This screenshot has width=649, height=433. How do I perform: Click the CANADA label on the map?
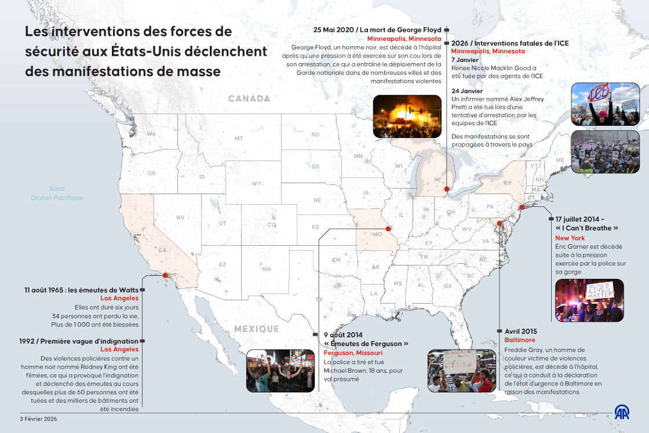(249, 99)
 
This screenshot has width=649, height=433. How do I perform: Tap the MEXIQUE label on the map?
(256, 329)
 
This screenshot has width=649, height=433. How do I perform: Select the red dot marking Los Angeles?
(165, 275)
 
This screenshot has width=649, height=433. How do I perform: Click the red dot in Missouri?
(388, 229)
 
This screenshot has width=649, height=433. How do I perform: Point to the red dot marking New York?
(522, 207)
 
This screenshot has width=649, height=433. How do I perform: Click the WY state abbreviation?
(257, 184)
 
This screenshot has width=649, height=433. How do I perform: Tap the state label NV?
(180, 217)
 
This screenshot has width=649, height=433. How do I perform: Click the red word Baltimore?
(520, 340)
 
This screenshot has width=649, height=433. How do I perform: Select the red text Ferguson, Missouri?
(353, 352)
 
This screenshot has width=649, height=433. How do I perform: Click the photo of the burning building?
(399, 116)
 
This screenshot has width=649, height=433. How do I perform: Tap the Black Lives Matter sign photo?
(589, 300)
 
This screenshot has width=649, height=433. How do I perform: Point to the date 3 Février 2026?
(38, 419)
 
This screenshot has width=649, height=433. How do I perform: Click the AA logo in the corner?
(622, 412)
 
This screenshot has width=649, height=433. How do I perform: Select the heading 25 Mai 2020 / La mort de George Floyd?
(377, 30)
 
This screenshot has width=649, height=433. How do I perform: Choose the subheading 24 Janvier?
(467, 91)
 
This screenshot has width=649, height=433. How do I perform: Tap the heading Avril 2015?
(521, 331)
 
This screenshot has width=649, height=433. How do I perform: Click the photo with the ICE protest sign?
(605, 104)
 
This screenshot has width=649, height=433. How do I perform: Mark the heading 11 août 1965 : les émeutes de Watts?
(81, 289)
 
